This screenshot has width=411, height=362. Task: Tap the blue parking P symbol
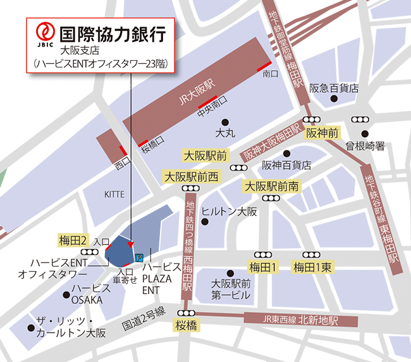point(138,257)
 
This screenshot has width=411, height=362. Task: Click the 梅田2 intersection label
point(73,240)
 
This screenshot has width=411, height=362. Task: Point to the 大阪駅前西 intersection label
point(190,177)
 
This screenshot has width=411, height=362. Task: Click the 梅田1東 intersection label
point(312,267)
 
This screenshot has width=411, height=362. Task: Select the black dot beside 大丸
point(224,122)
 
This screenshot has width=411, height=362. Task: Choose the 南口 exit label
point(270,74)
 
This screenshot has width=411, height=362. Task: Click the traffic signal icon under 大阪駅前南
point(272,198)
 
